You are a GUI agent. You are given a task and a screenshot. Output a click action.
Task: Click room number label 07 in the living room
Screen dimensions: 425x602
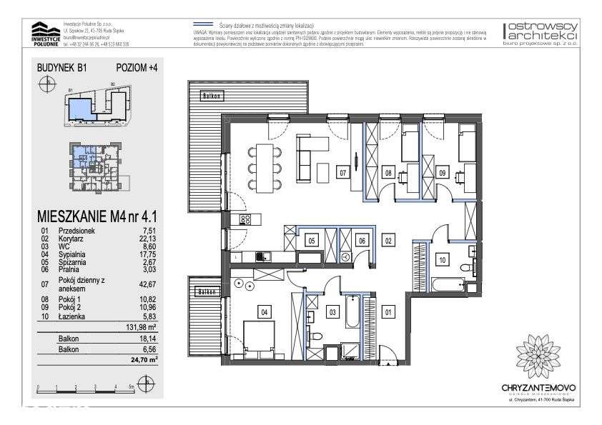point(343,172)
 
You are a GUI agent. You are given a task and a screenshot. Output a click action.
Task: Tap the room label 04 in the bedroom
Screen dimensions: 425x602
point(264,311)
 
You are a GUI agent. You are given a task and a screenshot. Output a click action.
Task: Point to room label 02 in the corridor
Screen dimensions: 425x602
point(388,241)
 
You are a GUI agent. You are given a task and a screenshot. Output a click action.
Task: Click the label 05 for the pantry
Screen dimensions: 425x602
point(312,241)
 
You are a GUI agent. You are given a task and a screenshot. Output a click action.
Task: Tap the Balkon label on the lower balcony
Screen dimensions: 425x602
point(206,292)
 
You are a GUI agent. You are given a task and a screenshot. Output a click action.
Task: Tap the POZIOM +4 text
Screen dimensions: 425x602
point(136,68)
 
